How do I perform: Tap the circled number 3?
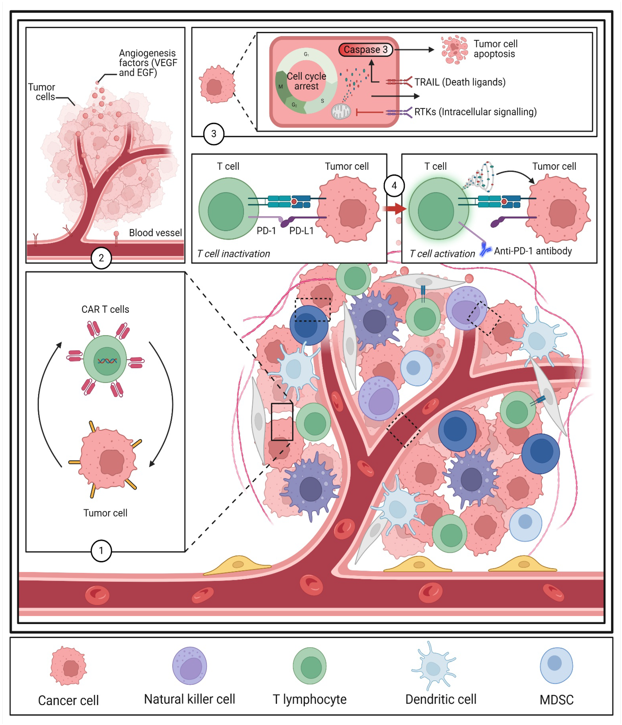(214, 134)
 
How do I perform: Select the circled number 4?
(394, 186)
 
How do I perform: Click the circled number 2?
(101, 258)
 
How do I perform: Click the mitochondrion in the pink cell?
(341, 112)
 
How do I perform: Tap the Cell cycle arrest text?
(306, 81)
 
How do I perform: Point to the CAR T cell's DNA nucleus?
(107, 361)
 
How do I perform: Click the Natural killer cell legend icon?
(189, 665)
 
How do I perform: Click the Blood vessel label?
(155, 233)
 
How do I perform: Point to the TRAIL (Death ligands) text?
(460, 82)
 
